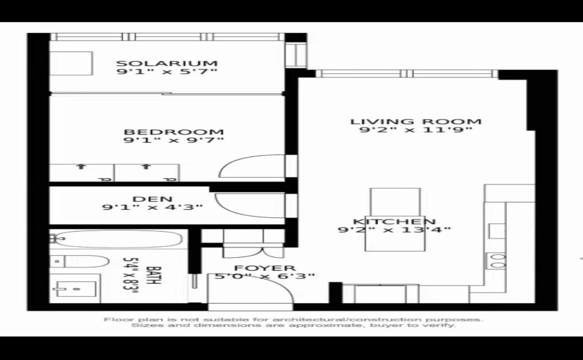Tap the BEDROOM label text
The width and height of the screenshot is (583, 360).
(x=174, y=132)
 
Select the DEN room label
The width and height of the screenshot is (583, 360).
(x=152, y=199)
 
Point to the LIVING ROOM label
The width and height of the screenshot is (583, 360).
(x=416, y=121)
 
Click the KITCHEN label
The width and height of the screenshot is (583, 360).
(x=394, y=221)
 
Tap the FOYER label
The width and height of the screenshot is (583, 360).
(x=265, y=268)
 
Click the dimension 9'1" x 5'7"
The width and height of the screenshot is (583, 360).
(x=167, y=71)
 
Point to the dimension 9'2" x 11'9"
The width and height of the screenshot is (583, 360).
(x=416, y=130)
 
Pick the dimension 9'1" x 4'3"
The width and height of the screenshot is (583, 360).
(x=152, y=207)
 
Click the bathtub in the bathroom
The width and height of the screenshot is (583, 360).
(x=117, y=239)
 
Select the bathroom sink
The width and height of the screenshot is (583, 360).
(x=75, y=288)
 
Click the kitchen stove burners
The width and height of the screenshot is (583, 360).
(x=497, y=261)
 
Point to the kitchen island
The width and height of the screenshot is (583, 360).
(x=395, y=219)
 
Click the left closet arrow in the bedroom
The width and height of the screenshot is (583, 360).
(x=81, y=167)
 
